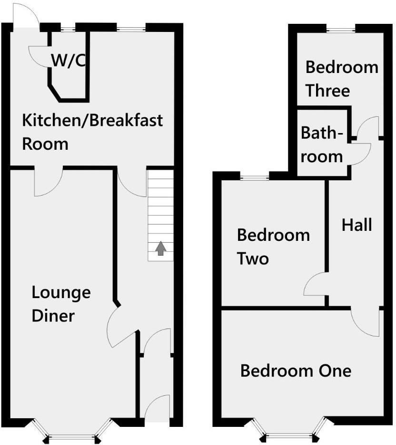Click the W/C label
(68, 61)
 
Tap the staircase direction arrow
(161, 248)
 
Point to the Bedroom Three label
(341, 79)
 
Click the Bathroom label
(322, 145)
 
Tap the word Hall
(356, 225)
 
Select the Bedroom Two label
(273, 247)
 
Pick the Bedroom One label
(296, 371)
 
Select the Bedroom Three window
(341, 30)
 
